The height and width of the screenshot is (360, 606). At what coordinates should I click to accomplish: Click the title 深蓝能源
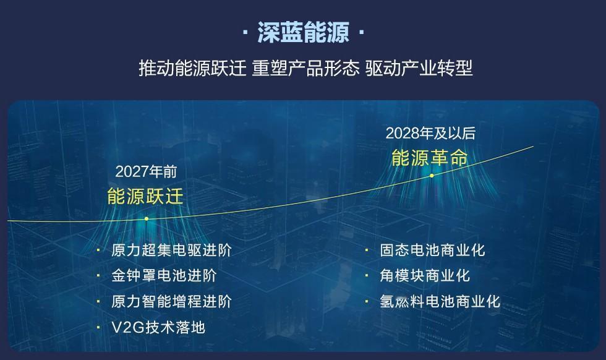pos(303,32)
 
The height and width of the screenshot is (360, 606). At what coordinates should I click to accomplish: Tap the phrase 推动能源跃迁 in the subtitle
pos(192,68)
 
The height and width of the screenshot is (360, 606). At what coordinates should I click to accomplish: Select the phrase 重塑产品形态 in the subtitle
pos(305,68)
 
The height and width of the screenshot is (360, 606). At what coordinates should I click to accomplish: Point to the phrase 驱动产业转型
pos(419,68)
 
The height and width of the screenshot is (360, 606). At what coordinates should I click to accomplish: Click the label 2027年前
pos(146,172)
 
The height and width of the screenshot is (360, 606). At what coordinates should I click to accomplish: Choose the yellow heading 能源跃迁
pos(145,196)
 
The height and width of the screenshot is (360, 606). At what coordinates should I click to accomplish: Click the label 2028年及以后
pos(430,134)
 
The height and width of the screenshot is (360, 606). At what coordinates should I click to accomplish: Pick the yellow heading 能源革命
pos(429,158)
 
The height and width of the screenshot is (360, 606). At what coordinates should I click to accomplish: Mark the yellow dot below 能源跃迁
pos(147,219)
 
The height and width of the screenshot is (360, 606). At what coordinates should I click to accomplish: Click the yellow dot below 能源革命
pos(432,176)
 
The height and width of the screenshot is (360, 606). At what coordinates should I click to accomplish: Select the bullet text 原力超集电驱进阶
pos(171,250)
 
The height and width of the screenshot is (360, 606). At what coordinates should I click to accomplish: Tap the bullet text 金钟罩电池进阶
pos(164,276)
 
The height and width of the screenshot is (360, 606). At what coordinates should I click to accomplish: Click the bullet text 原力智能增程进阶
pos(171,302)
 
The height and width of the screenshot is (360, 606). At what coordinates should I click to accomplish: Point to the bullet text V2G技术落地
pos(158,327)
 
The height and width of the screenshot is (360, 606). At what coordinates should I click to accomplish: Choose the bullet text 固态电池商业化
pos(432,250)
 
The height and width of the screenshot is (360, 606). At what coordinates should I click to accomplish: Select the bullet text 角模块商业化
pos(425,276)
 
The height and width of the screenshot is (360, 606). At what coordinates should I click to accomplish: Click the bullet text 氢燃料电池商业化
pos(440,302)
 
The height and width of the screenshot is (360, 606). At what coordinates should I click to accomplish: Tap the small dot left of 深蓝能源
pos(245,32)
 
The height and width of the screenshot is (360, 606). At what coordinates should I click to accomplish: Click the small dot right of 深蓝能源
pos(361,32)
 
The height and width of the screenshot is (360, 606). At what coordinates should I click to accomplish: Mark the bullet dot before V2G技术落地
pos(98,327)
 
